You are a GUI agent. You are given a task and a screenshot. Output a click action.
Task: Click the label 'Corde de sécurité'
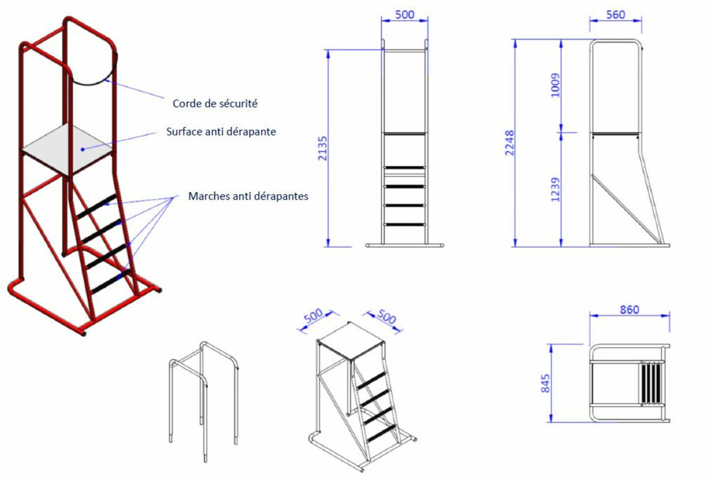(215, 103)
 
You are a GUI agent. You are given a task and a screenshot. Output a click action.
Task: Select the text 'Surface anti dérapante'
(221, 131)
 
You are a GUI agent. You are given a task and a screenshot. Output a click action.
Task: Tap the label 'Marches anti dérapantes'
(248, 196)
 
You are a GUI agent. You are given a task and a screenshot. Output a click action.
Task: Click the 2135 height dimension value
(323, 148)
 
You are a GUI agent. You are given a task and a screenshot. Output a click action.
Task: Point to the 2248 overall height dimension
(509, 143)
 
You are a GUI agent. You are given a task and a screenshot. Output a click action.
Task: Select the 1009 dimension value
(555, 85)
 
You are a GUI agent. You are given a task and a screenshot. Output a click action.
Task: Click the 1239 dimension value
(555, 190)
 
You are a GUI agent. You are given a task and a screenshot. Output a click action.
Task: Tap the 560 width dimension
(615, 15)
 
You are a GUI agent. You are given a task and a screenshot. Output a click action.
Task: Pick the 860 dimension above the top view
(629, 310)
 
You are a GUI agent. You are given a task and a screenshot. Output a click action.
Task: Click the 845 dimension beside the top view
(545, 383)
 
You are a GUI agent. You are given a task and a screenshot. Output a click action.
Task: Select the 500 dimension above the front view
(405, 15)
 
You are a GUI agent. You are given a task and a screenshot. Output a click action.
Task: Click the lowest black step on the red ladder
(111, 281)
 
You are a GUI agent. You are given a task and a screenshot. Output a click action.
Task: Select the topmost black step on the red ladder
(97, 206)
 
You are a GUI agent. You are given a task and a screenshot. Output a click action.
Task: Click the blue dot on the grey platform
(83, 149)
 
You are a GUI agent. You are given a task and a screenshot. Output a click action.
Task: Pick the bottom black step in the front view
(405, 224)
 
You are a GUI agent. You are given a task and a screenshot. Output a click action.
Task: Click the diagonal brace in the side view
(625, 209)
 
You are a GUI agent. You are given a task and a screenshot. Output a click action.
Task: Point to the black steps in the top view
(651, 383)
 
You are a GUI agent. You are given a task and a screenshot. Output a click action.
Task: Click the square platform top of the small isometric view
(351, 341)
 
